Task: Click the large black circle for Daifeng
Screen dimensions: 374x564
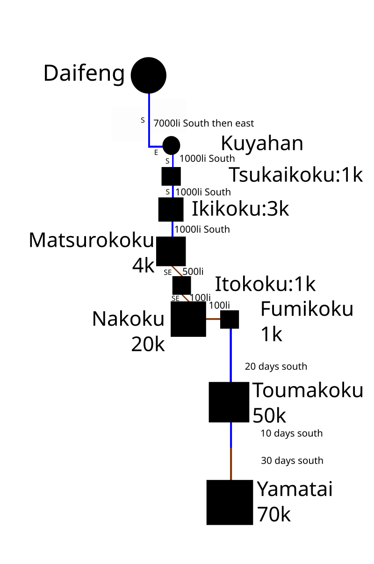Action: point(148,75)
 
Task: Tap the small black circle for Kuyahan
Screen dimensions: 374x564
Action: point(172,146)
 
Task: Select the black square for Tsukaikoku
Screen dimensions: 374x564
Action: point(171,176)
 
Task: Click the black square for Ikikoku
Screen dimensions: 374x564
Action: point(171,209)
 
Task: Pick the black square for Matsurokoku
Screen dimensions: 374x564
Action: point(171,251)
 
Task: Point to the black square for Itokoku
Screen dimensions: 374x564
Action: point(182,285)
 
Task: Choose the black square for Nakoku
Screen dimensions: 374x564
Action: point(188,319)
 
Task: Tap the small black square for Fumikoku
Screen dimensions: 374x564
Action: point(230,319)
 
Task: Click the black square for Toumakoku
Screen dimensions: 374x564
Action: point(229,402)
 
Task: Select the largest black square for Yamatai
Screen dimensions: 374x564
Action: point(230,502)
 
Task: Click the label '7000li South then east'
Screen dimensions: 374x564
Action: point(204,123)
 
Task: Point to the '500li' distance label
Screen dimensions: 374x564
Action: point(193,272)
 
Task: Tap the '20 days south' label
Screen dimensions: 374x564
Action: point(276,367)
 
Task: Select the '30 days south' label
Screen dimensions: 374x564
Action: point(292,461)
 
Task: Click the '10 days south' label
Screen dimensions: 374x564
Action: point(291,433)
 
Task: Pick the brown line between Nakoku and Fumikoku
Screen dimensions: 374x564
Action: point(213,319)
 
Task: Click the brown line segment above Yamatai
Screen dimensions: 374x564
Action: point(231,464)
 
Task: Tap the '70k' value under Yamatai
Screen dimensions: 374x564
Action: point(274,515)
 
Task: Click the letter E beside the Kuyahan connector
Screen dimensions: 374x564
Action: point(156,153)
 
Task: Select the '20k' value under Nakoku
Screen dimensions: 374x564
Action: point(148,344)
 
